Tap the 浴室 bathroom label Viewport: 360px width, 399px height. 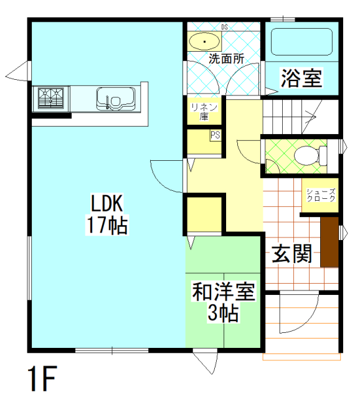(x=301, y=77)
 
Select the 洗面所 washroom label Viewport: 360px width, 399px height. (x=226, y=59)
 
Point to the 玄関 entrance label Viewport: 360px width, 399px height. (x=292, y=253)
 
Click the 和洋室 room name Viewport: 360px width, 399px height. (x=224, y=291)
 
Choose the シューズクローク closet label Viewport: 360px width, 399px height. (x=321, y=195)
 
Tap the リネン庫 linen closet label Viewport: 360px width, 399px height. (x=204, y=112)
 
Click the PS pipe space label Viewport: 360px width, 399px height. (x=215, y=135)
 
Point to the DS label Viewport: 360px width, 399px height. (x=224, y=27)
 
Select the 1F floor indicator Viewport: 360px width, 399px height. (x=42, y=378)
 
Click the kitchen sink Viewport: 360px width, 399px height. (x=116, y=99)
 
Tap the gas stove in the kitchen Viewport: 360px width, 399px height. (x=51, y=99)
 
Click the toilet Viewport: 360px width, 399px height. (x=310, y=155)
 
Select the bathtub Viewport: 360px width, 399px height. (x=301, y=42)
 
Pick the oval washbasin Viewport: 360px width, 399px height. (x=204, y=42)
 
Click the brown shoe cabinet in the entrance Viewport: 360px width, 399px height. (x=329, y=242)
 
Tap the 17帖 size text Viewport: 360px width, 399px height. (x=107, y=224)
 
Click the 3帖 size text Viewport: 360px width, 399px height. (x=223, y=312)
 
